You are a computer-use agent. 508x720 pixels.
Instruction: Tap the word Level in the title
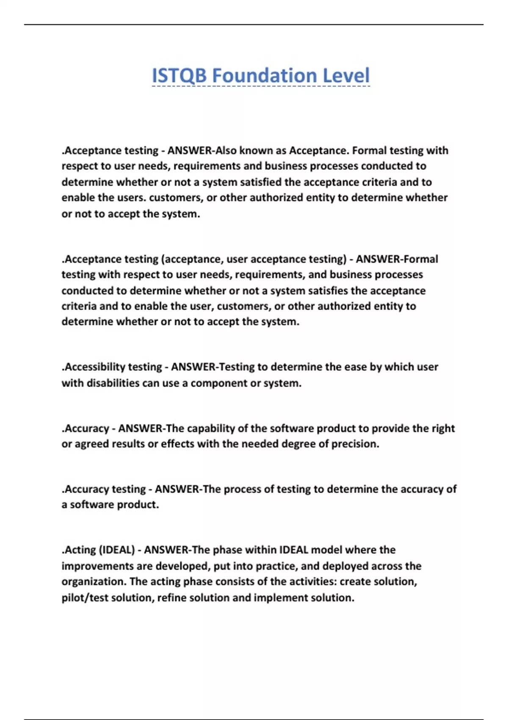pos(346,76)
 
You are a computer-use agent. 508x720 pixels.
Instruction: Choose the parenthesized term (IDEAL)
pos(117,550)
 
